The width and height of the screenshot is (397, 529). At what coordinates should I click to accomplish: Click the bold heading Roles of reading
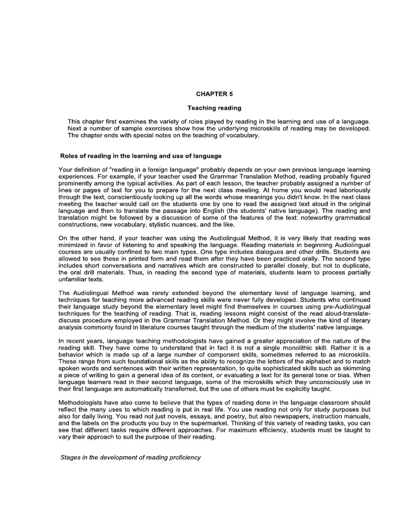pos(141,155)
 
